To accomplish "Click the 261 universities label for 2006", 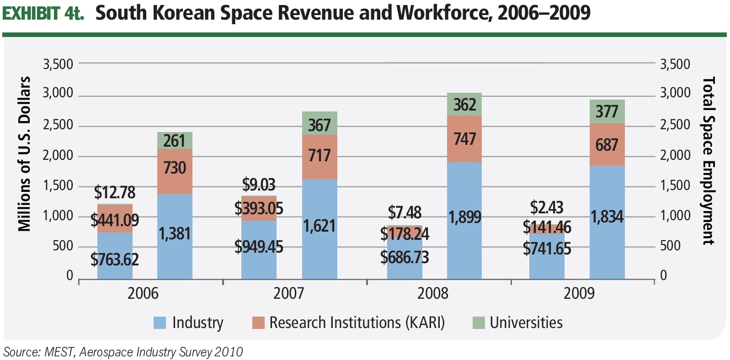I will (174, 141).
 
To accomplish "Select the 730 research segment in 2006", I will (175, 168).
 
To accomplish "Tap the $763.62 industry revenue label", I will (115, 259).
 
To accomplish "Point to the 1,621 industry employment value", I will (320, 226).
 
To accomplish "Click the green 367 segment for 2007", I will (319, 125).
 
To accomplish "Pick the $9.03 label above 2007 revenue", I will (259, 185).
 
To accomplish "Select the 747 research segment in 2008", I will (464, 138).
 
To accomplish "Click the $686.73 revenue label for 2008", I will (405, 257).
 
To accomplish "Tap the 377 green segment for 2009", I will (607, 111).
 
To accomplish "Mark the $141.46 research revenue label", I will (547, 227).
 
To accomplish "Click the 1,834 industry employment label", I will (607, 217).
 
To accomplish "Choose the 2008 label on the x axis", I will (432, 293).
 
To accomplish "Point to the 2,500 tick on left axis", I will (58, 125).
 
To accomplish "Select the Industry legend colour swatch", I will (160, 323).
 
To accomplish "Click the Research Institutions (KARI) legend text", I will (357, 323).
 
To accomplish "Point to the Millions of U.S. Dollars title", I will (24, 154).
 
